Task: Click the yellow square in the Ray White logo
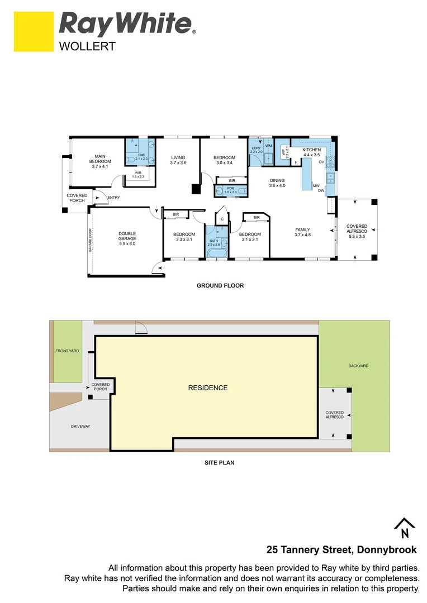[x=33, y=32]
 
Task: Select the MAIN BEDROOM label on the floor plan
[x=100, y=161]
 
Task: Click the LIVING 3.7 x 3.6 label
[x=178, y=160]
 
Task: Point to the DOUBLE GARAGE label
[x=127, y=238]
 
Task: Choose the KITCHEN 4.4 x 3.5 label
[x=311, y=153]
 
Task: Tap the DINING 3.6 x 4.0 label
[x=277, y=183]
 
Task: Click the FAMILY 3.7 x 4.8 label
[x=302, y=232]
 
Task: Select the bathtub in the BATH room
[x=217, y=254]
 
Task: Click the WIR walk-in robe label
[x=138, y=175]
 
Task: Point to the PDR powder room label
[x=230, y=190]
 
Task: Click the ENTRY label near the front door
[x=113, y=197]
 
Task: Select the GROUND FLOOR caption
[x=220, y=286]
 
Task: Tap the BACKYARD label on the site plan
[x=358, y=366]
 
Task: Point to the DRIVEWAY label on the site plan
[x=80, y=426]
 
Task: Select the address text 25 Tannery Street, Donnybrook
[x=342, y=550]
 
